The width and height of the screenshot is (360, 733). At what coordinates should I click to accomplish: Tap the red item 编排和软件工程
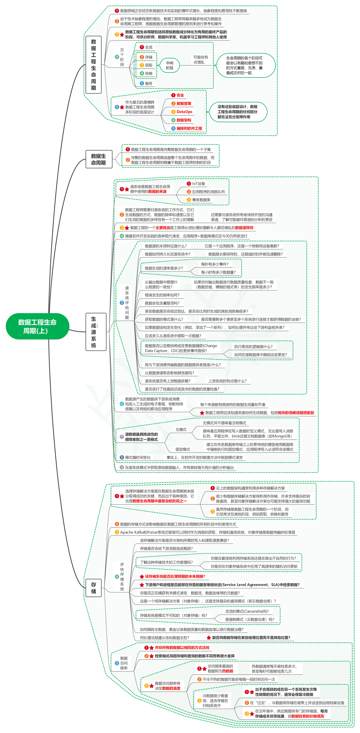(189, 128)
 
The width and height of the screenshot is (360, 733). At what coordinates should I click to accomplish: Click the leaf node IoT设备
(198, 184)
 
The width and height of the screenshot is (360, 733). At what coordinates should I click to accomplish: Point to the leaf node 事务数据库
(201, 200)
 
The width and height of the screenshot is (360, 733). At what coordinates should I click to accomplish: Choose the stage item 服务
(148, 83)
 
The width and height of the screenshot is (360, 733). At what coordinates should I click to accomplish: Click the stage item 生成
(148, 47)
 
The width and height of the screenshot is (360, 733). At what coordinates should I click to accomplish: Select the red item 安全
(180, 95)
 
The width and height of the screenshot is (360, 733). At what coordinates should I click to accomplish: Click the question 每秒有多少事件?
(215, 264)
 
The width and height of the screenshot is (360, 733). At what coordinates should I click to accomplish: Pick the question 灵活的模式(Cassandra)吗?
(247, 611)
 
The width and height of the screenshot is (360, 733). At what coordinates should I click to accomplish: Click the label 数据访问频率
(124, 663)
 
